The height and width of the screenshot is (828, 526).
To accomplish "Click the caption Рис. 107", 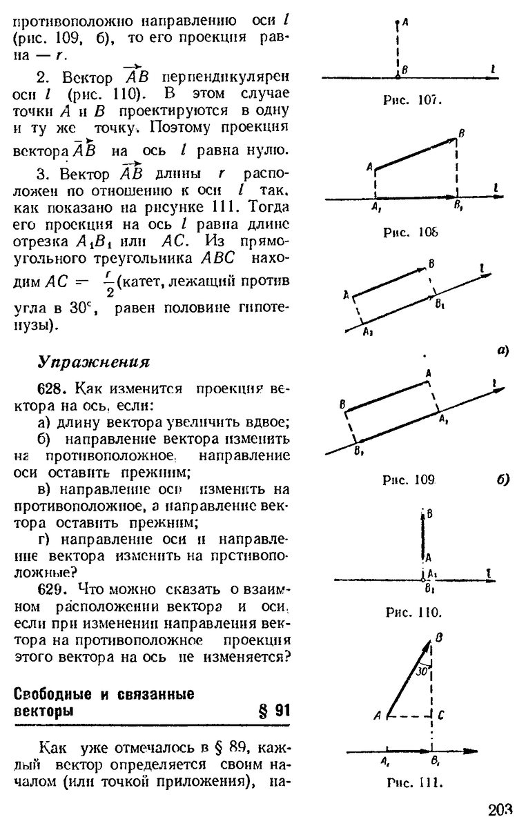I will point(413,99).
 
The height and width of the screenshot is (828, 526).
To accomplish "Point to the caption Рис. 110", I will point(413,611).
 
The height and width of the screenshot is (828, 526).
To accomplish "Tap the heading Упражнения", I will point(93,362).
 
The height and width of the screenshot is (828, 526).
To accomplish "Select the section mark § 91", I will point(273,711).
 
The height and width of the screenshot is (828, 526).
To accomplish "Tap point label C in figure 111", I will point(440,716).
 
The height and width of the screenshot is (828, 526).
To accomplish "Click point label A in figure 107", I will point(405,22).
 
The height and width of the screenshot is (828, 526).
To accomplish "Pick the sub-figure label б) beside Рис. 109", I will point(502,478).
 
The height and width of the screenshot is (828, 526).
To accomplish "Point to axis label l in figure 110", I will point(488,571).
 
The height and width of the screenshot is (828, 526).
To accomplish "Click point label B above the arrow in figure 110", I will point(429,513).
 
